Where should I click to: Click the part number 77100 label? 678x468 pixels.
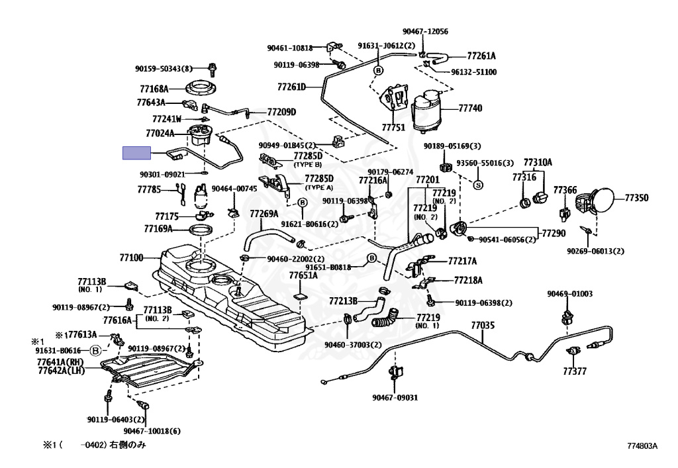pos(131,258)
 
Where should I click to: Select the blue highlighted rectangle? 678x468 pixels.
pos(136,153)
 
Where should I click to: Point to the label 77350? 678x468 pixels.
pos(636,198)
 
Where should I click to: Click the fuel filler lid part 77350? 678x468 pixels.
pos(601,201)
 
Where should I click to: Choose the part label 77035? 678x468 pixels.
pos(483,326)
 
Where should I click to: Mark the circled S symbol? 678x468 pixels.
pos(478,185)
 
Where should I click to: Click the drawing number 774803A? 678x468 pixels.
pos(642,446)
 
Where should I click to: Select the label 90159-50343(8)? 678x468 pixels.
pos(164,68)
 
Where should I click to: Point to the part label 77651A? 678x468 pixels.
pos(303,275)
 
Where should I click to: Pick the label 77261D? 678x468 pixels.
pos(291,87)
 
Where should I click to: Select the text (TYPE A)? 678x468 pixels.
pos(319,187)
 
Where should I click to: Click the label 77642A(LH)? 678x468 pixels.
pos(61,370)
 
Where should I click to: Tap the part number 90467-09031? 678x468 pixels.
pos(395,398)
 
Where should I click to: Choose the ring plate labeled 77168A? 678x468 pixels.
pos(201,89)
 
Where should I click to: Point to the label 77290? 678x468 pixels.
pos(554,234)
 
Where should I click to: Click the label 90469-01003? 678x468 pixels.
pos(570,294)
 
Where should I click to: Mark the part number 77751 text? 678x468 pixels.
pos(393,128)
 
